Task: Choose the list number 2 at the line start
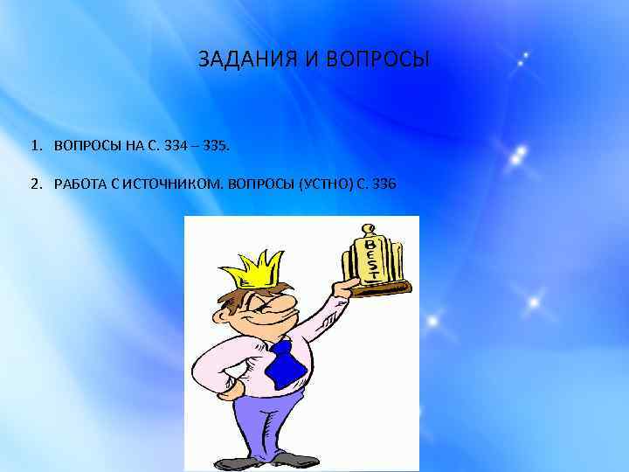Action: point(34,184)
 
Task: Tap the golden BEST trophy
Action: point(373,258)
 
